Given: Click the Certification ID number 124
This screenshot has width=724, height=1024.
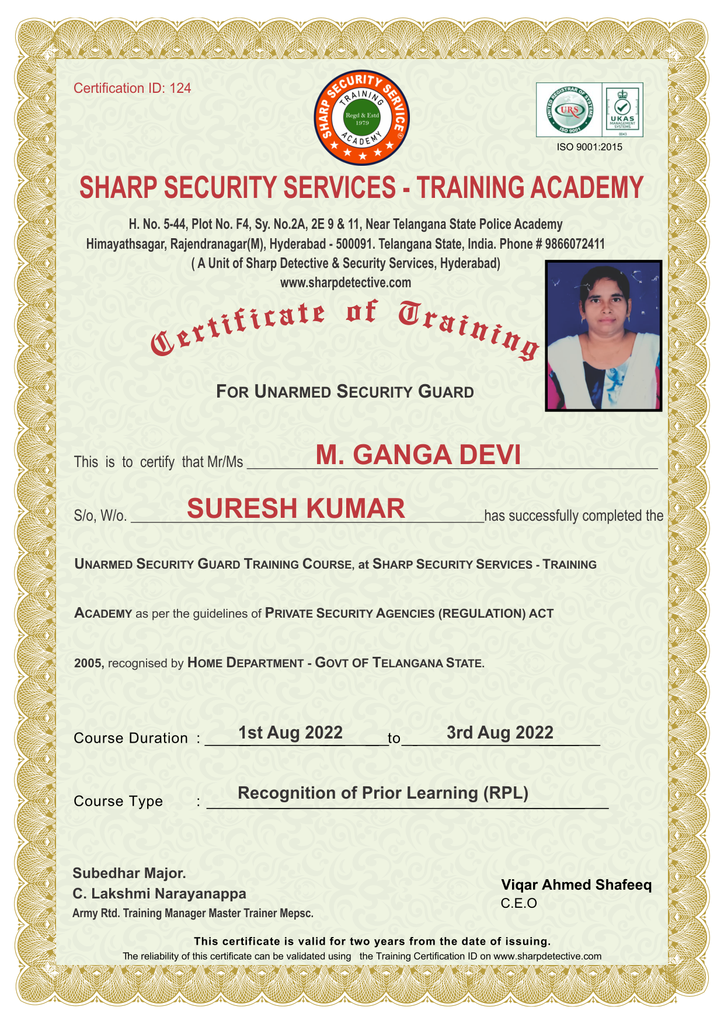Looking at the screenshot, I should (x=180, y=88).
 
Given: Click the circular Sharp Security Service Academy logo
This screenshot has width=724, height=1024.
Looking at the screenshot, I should (x=362, y=118).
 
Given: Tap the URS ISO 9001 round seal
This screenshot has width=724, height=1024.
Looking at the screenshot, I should (x=569, y=110).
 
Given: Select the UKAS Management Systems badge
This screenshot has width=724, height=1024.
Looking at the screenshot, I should (x=622, y=110).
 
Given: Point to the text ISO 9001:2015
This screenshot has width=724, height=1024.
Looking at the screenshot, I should (x=590, y=147).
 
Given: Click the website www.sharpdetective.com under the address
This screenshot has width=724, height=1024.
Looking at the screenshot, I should (x=346, y=283).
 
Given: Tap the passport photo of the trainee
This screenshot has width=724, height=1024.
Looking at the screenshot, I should (x=603, y=336).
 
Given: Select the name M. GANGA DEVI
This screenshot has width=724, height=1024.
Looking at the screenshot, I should (x=418, y=455).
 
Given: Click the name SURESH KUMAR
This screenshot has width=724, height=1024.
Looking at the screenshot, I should (x=296, y=508).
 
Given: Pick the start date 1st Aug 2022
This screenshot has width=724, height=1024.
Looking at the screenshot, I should (x=290, y=733).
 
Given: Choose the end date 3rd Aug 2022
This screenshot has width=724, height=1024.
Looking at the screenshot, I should (x=500, y=733).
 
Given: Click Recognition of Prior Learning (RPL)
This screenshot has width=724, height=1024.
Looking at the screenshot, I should (x=383, y=793).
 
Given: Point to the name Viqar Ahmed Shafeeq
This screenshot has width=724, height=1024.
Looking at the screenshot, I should (x=576, y=885).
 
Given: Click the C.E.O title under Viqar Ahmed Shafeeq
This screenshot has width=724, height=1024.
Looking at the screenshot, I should (x=518, y=904).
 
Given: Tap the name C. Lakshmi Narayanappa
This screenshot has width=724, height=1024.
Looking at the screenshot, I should (x=159, y=894).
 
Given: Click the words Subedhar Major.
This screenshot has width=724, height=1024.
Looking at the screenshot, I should (x=129, y=873).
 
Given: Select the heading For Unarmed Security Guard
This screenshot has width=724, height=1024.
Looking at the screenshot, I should (x=344, y=392).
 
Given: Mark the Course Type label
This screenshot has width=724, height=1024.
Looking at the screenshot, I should (x=118, y=801).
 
